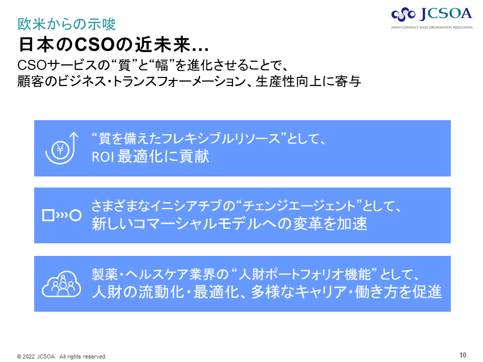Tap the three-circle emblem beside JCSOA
pyautogui.click(x=403, y=15)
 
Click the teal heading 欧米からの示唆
pyautogui.click(x=66, y=24)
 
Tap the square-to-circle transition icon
pyautogui.click(x=61, y=215)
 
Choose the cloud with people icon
pyautogui.click(x=61, y=284)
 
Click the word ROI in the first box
pyautogui.click(x=103, y=157)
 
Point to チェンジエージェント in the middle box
pyautogui.click(x=299, y=206)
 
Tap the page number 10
pyautogui.click(x=463, y=355)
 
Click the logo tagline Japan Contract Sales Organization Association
pyautogui.click(x=432, y=27)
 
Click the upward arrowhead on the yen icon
pyautogui.click(x=73, y=135)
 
